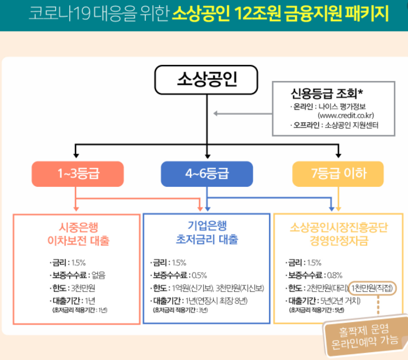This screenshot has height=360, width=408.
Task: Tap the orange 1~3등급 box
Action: pos(77,174)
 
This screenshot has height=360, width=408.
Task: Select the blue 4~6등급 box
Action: pos(206,174)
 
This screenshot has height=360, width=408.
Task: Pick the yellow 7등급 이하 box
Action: pos(338,174)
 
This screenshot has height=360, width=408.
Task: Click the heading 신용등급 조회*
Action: pos(326,93)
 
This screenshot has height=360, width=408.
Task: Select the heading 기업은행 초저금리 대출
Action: pos(207,233)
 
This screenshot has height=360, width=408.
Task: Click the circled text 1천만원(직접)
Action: pos(371,288)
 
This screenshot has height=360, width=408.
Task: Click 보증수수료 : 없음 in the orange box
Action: pos(77,275)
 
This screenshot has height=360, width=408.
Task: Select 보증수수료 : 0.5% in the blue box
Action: pos(179,275)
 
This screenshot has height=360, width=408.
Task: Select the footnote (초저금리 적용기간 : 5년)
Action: pos(315,309)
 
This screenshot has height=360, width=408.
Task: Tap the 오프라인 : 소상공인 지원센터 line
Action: pos(334,125)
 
